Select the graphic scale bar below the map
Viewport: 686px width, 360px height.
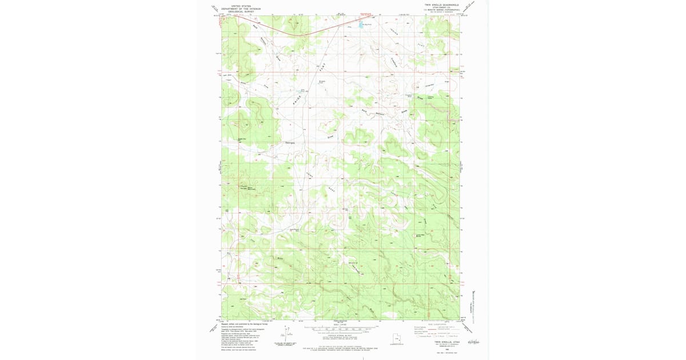(x=341, y=329)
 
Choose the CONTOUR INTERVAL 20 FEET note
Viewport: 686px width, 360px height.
(x=341, y=334)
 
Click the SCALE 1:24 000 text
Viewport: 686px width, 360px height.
(x=341, y=324)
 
